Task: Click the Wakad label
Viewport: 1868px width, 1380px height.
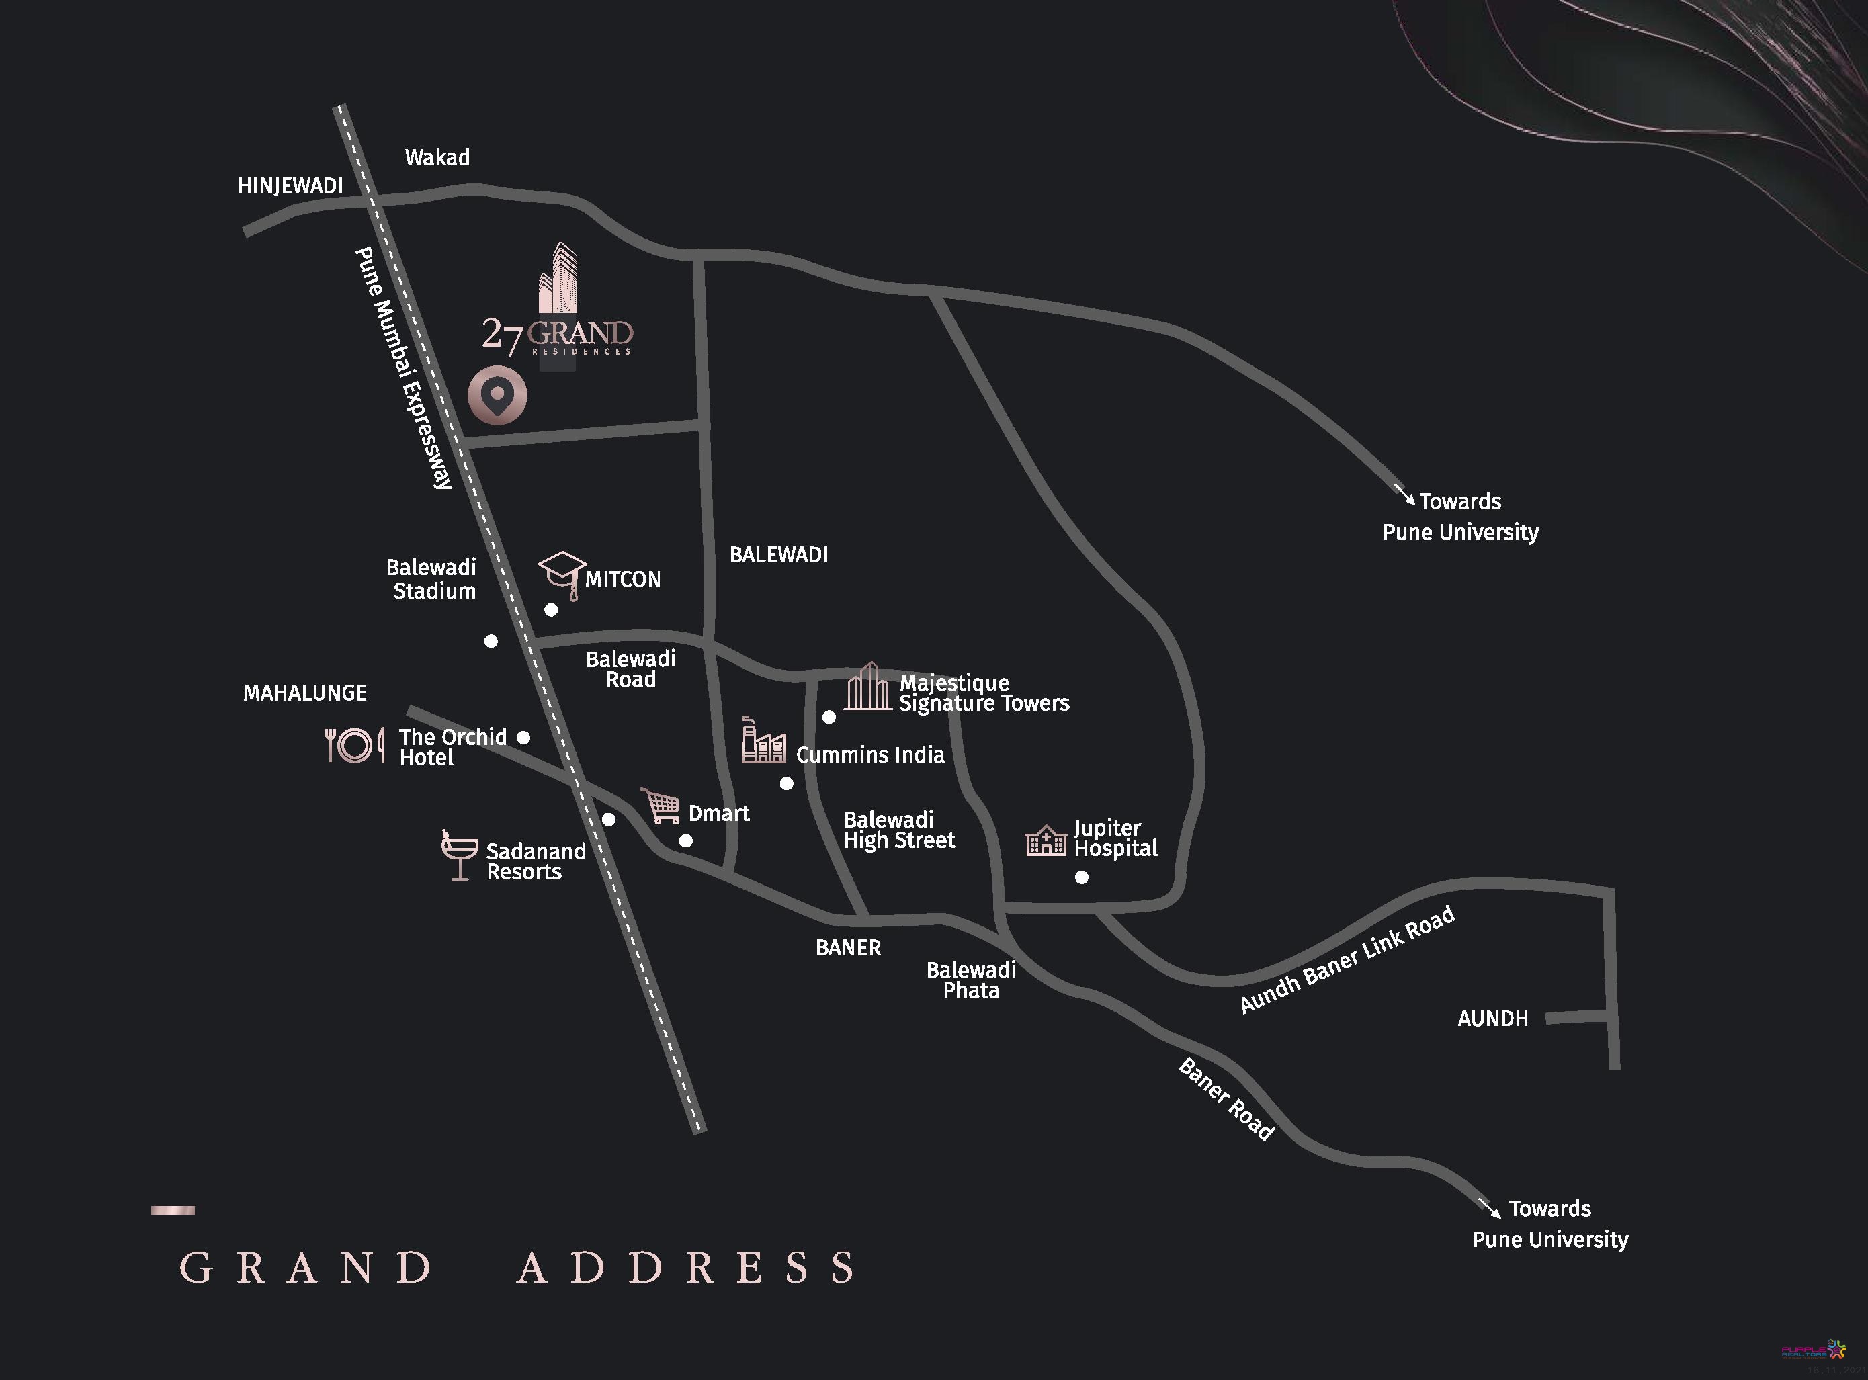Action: tap(437, 157)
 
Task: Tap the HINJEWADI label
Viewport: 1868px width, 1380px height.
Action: tap(290, 185)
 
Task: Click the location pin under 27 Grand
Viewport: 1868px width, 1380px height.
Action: tap(497, 395)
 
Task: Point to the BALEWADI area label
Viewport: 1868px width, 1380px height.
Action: tap(779, 555)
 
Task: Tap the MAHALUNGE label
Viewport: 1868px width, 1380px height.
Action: tap(305, 693)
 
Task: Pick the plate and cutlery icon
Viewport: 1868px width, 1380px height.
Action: tap(355, 744)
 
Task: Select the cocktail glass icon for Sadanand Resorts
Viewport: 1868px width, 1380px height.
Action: tap(459, 855)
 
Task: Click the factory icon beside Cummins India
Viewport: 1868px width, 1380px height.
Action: tap(763, 741)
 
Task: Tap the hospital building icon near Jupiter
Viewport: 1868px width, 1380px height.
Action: tap(1046, 840)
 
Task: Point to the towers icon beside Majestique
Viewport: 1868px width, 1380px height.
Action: tap(868, 687)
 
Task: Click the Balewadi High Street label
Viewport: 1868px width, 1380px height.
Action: tap(899, 830)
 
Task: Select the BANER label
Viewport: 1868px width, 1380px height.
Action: tap(848, 947)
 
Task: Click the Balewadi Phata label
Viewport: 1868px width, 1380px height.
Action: tap(971, 980)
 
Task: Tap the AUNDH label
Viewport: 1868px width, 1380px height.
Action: tap(1492, 1019)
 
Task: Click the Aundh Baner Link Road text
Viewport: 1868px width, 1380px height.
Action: tap(1347, 960)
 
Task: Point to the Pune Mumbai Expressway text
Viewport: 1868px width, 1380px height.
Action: tap(404, 368)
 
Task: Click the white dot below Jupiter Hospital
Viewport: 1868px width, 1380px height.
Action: tap(1082, 877)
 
